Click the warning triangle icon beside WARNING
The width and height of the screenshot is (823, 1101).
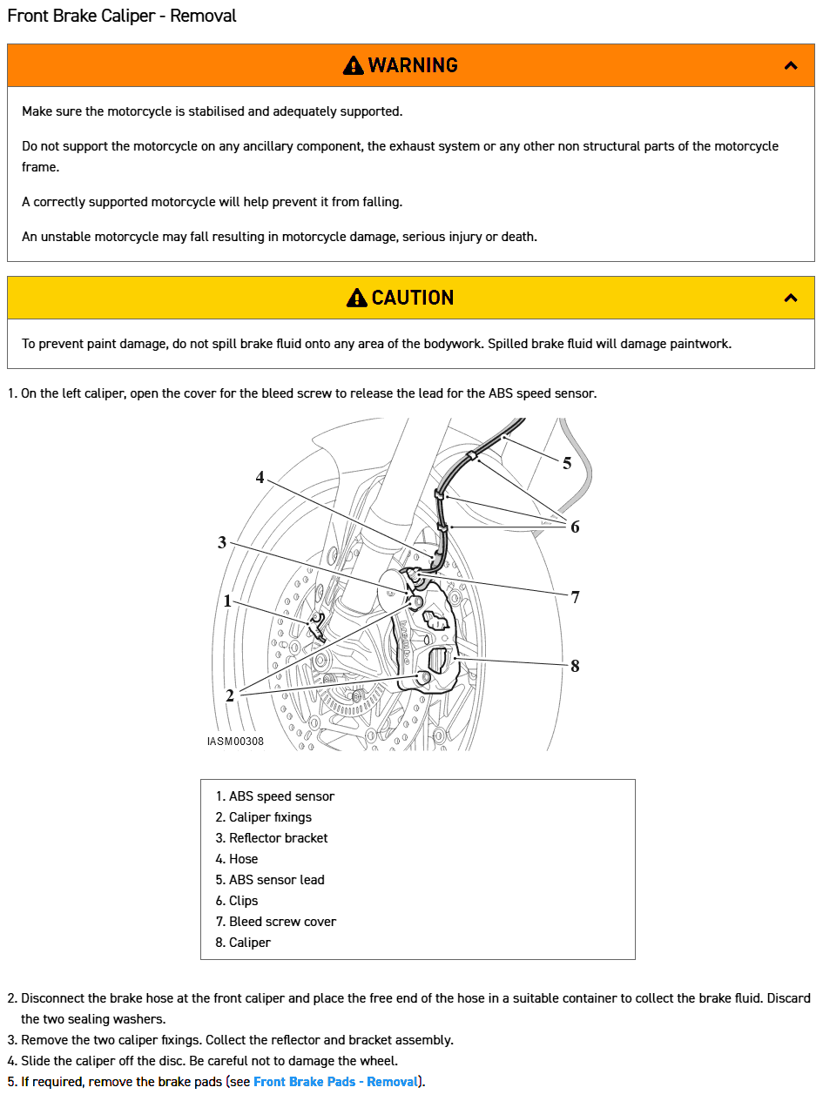tap(353, 65)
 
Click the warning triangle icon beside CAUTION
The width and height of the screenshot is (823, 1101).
tap(356, 298)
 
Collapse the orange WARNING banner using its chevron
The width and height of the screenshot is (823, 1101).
tap(791, 65)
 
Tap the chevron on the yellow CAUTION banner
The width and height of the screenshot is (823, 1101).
tap(791, 298)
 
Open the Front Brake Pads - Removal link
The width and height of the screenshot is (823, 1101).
tap(335, 1082)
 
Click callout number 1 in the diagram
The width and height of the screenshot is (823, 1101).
tap(227, 601)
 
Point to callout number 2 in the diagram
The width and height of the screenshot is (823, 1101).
tap(230, 695)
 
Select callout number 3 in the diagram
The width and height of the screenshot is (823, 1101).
tap(222, 542)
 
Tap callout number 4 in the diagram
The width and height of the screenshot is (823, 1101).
tap(260, 477)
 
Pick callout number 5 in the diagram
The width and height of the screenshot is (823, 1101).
tap(567, 463)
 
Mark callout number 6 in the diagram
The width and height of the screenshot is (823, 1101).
tap(575, 526)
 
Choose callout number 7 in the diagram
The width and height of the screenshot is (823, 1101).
tap(575, 597)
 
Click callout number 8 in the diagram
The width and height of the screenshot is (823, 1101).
tap(575, 666)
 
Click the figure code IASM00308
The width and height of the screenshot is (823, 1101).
tap(235, 742)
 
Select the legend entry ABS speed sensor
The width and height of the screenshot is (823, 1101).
tap(281, 796)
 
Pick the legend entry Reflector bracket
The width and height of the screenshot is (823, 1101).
tap(278, 838)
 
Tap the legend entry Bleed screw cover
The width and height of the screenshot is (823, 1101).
tap(282, 922)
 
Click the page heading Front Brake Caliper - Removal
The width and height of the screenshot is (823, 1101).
tap(122, 16)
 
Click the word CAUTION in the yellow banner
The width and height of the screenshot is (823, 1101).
tap(412, 298)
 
